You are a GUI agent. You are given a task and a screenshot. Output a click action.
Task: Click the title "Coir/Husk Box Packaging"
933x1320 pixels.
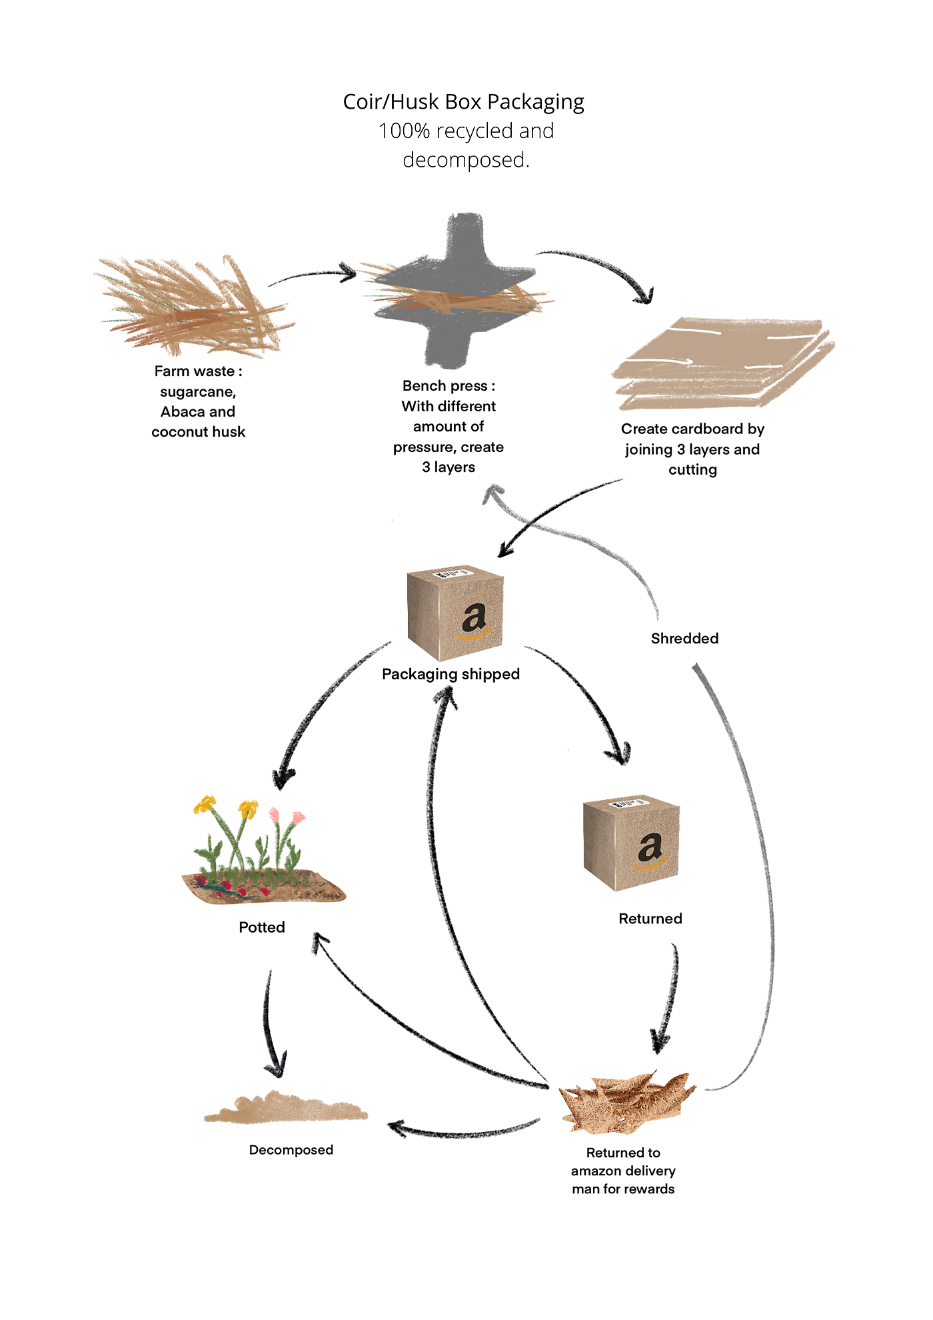click(463, 102)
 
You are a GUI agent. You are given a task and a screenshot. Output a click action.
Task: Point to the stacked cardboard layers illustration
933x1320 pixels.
click(723, 363)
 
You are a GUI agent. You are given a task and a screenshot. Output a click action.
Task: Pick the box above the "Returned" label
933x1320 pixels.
click(630, 843)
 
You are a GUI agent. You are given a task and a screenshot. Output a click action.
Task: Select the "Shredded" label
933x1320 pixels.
click(684, 639)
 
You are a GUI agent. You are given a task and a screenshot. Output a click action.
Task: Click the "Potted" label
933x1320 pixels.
click(262, 927)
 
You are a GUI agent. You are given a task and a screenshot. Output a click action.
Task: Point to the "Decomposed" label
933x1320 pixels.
click(291, 1150)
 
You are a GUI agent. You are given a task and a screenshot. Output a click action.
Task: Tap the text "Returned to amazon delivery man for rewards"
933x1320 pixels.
click(623, 1171)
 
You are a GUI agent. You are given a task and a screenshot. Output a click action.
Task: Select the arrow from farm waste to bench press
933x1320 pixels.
click(313, 274)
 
